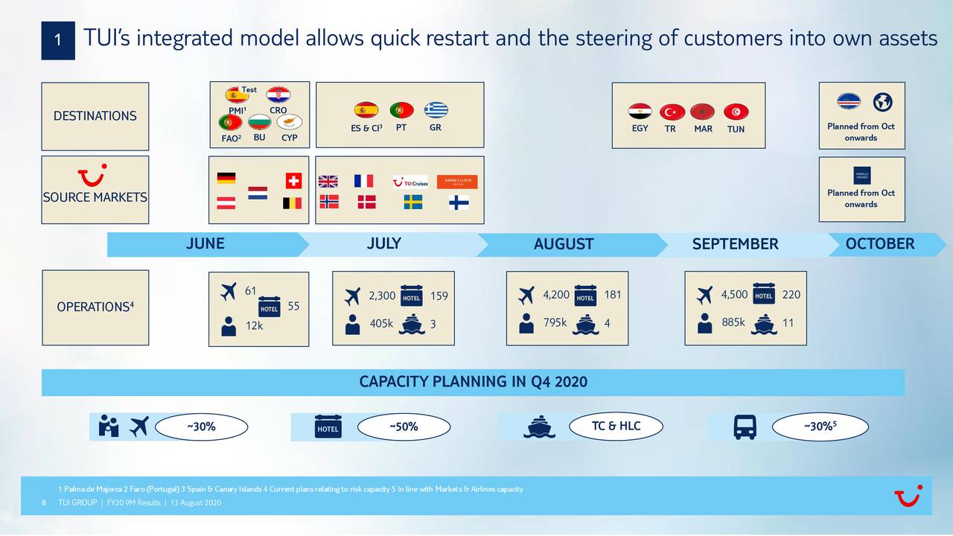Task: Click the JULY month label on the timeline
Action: click(383, 243)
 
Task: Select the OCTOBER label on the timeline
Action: click(879, 244)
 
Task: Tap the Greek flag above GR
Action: click(436, 110)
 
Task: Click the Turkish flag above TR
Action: click(672, 112)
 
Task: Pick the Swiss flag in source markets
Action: click(293, 181)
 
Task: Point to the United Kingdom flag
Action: click(328, 181)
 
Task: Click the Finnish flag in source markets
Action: click(459, 202)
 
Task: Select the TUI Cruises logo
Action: click(410, 182)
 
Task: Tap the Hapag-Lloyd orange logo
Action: click(456, 182)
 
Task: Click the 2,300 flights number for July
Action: click(382, 296)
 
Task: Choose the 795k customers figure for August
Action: click(555, 322)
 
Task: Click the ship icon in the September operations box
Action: click(764, 325)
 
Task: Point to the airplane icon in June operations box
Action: click(229, 293)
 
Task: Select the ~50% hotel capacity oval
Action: click(404, 427)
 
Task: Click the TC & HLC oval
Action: click(616, 426)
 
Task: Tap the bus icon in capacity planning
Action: click(745, 427)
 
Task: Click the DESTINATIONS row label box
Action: click(95, 116)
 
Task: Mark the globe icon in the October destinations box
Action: click(882, 102)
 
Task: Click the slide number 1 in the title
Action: click(57, 41)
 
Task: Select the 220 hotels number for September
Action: click(791, 295)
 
